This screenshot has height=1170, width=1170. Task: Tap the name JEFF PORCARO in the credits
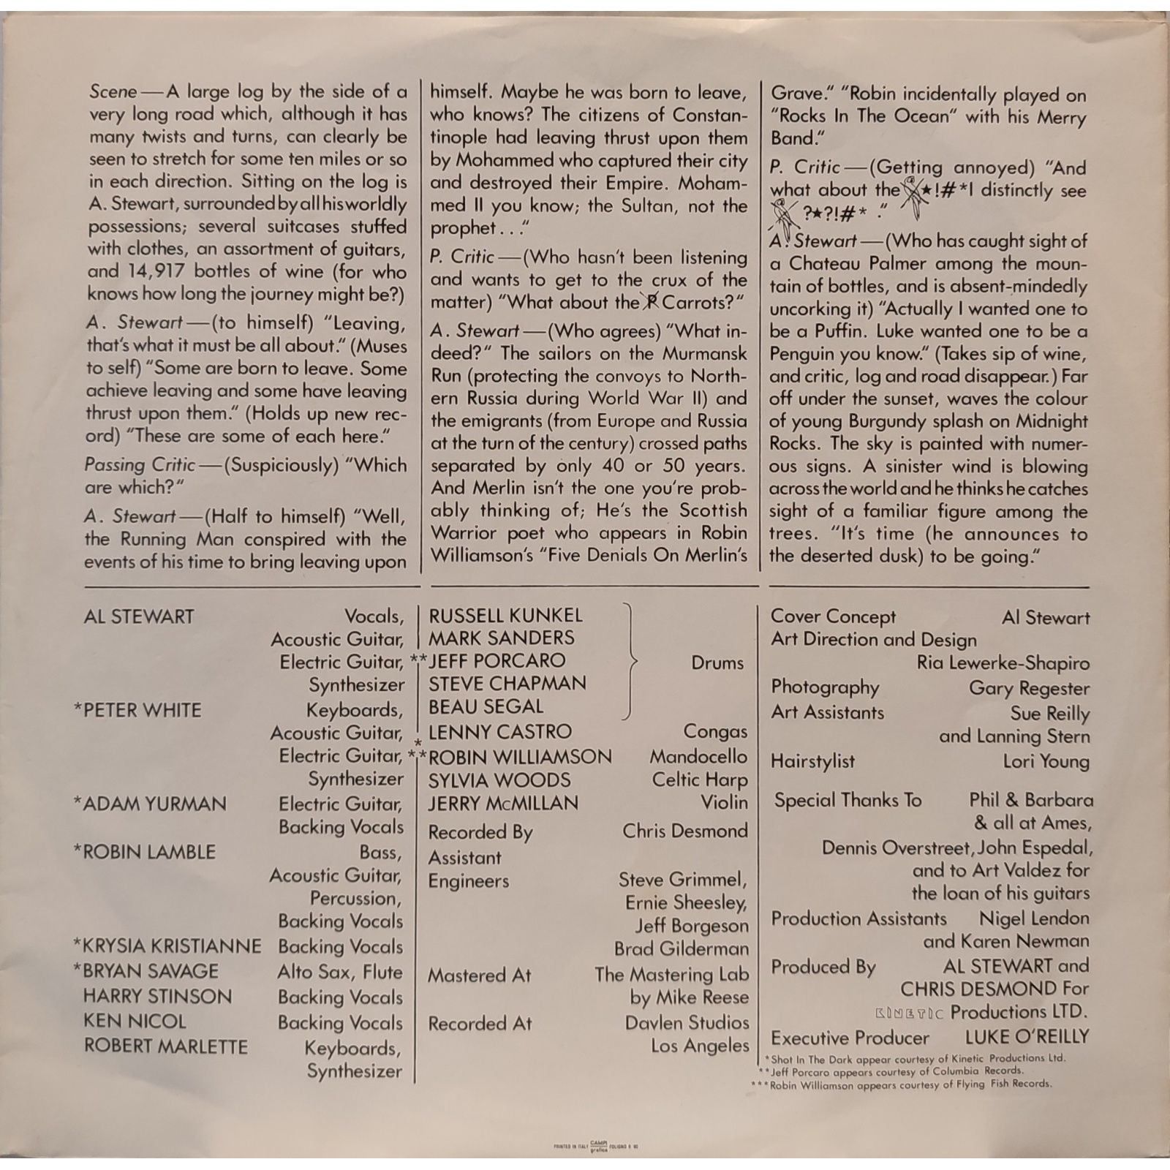497,660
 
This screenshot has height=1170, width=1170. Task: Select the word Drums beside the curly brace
717,663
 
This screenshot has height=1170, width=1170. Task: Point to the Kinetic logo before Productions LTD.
909,1014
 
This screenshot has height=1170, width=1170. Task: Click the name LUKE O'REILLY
1027,1037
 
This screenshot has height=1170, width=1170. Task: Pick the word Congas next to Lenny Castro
715,731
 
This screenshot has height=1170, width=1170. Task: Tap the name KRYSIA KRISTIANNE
172,946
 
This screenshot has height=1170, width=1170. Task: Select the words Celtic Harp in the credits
700,780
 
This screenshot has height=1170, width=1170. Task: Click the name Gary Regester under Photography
1029,688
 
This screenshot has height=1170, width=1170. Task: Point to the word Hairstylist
812,761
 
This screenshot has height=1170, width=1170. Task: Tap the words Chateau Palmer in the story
856,263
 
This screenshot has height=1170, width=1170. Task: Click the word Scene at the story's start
113,92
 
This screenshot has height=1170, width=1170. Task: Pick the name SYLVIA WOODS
499,780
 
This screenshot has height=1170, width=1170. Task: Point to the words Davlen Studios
687,1022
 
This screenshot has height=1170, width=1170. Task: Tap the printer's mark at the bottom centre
598,1145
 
